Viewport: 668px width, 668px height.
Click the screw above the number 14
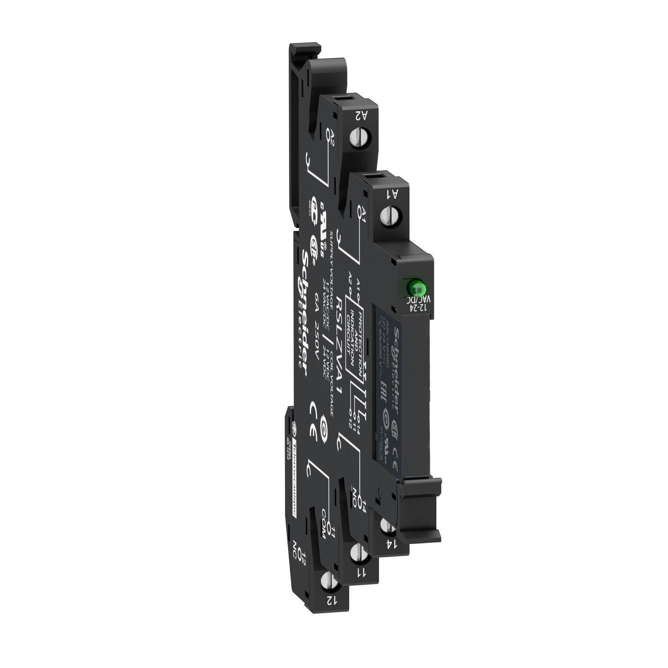387,527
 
